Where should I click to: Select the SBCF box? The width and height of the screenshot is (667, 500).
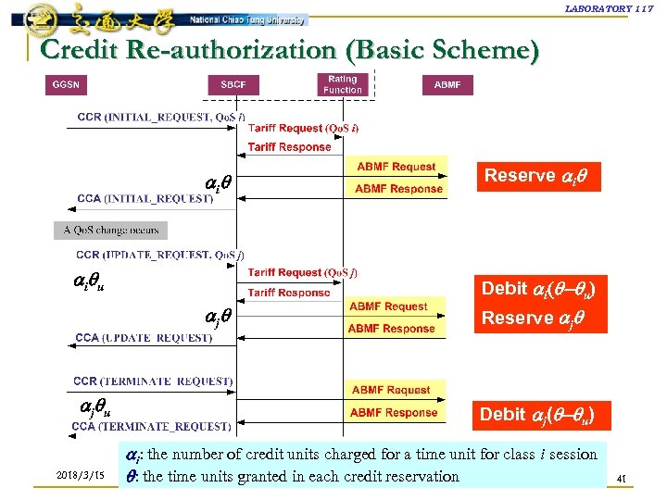click(x=233, y=85)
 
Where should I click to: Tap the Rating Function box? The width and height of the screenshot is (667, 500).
click(x=343, y=84)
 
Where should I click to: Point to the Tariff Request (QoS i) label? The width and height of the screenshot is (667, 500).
click(x=303, y=129)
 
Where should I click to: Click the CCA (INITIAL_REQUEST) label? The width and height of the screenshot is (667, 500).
click(x=145, y=199)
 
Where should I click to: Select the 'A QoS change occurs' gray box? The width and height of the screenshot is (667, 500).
click(x=111, y=230)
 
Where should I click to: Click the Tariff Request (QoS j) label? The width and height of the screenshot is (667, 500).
click(x=303, y=273)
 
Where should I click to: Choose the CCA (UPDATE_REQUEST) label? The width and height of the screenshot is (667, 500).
click(x=144, y=338)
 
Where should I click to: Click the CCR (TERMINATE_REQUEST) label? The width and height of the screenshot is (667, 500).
click(x=152, y=381)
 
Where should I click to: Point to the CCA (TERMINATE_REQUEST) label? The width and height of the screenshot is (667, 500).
click(x=151, y=427)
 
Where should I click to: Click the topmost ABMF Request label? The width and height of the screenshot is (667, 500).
click(x=396, y=167)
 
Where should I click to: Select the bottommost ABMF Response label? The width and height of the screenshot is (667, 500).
click(x=394, y=413)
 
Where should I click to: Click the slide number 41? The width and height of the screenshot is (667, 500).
click(x=622, y=478)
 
